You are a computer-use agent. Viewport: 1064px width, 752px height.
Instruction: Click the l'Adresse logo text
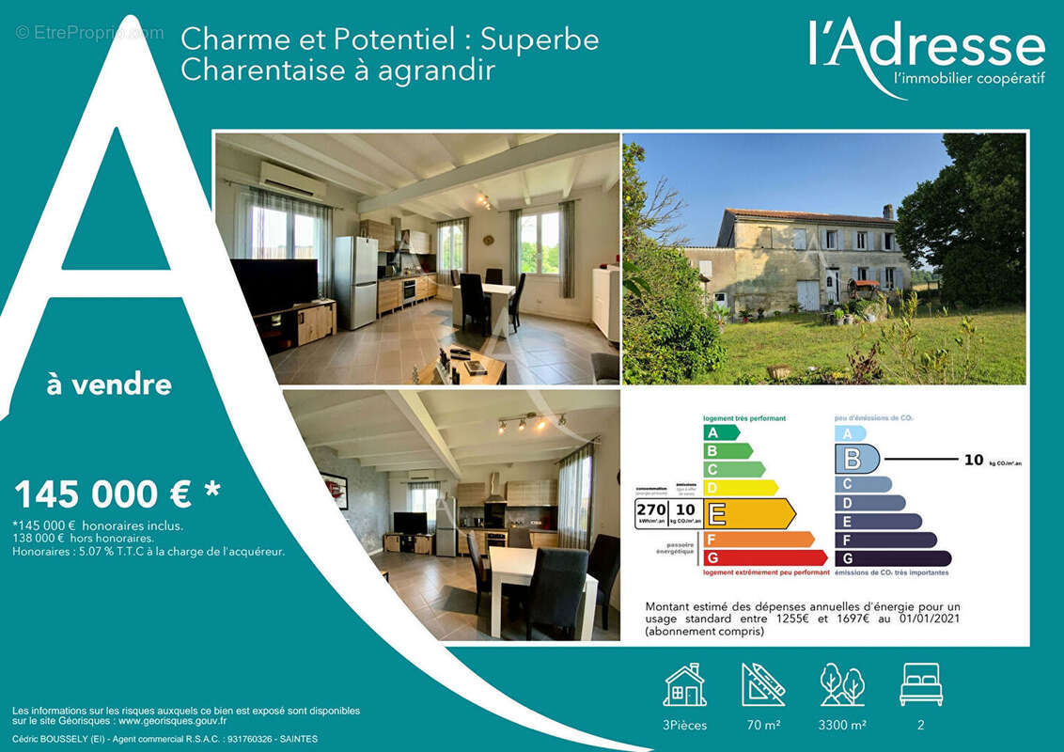click(x=926, y=47)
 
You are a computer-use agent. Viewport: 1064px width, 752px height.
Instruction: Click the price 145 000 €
click(x=102, y=493)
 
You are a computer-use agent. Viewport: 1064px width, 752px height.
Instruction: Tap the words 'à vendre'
click(x=109, y=384)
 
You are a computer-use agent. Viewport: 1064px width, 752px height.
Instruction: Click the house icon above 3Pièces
click(x=684, y=684)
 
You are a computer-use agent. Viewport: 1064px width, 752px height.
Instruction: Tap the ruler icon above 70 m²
click(x=762, y=684)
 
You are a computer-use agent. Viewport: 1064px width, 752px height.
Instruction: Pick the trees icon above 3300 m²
click(x=842, y=684)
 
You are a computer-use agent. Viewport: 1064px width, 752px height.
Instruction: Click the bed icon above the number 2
click(x=920, y=684)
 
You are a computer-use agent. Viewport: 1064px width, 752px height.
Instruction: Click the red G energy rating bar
click(x=763, y=558)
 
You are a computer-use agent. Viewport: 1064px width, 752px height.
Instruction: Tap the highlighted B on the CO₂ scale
click(x=856, y=460)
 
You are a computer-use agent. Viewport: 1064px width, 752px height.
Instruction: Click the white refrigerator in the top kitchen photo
click(x=356, y=281)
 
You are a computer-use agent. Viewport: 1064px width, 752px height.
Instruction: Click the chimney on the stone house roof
click(x=887, y=211)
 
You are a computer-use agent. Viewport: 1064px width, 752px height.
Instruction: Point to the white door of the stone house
click(x=807, y=294)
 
